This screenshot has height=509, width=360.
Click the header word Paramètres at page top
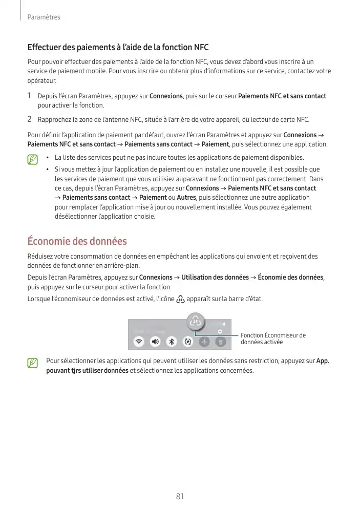[x=44, y=17]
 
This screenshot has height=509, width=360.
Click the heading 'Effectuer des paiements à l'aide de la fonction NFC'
[x=118, y=48]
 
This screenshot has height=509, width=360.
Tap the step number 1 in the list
[x=30, y=96]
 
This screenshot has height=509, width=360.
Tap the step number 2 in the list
[x=30, y=119]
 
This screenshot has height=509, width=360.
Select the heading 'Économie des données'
[x=77, y=241]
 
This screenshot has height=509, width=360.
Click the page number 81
[x=180, y=496]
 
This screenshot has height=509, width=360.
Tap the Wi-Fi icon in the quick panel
[x=138, y=341]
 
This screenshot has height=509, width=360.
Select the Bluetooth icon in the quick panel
[x=172, y=341]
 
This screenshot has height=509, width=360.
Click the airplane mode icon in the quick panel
[x=204, y=341]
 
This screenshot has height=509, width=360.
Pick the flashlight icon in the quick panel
[x=220, y=341]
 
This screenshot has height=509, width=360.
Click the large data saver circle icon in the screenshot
[x=196, y=322]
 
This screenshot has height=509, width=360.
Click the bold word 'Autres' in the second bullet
[x=186, y=198]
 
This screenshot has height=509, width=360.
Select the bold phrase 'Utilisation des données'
[x=215, y=277]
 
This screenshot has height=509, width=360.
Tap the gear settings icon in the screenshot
[x=220, y=331]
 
